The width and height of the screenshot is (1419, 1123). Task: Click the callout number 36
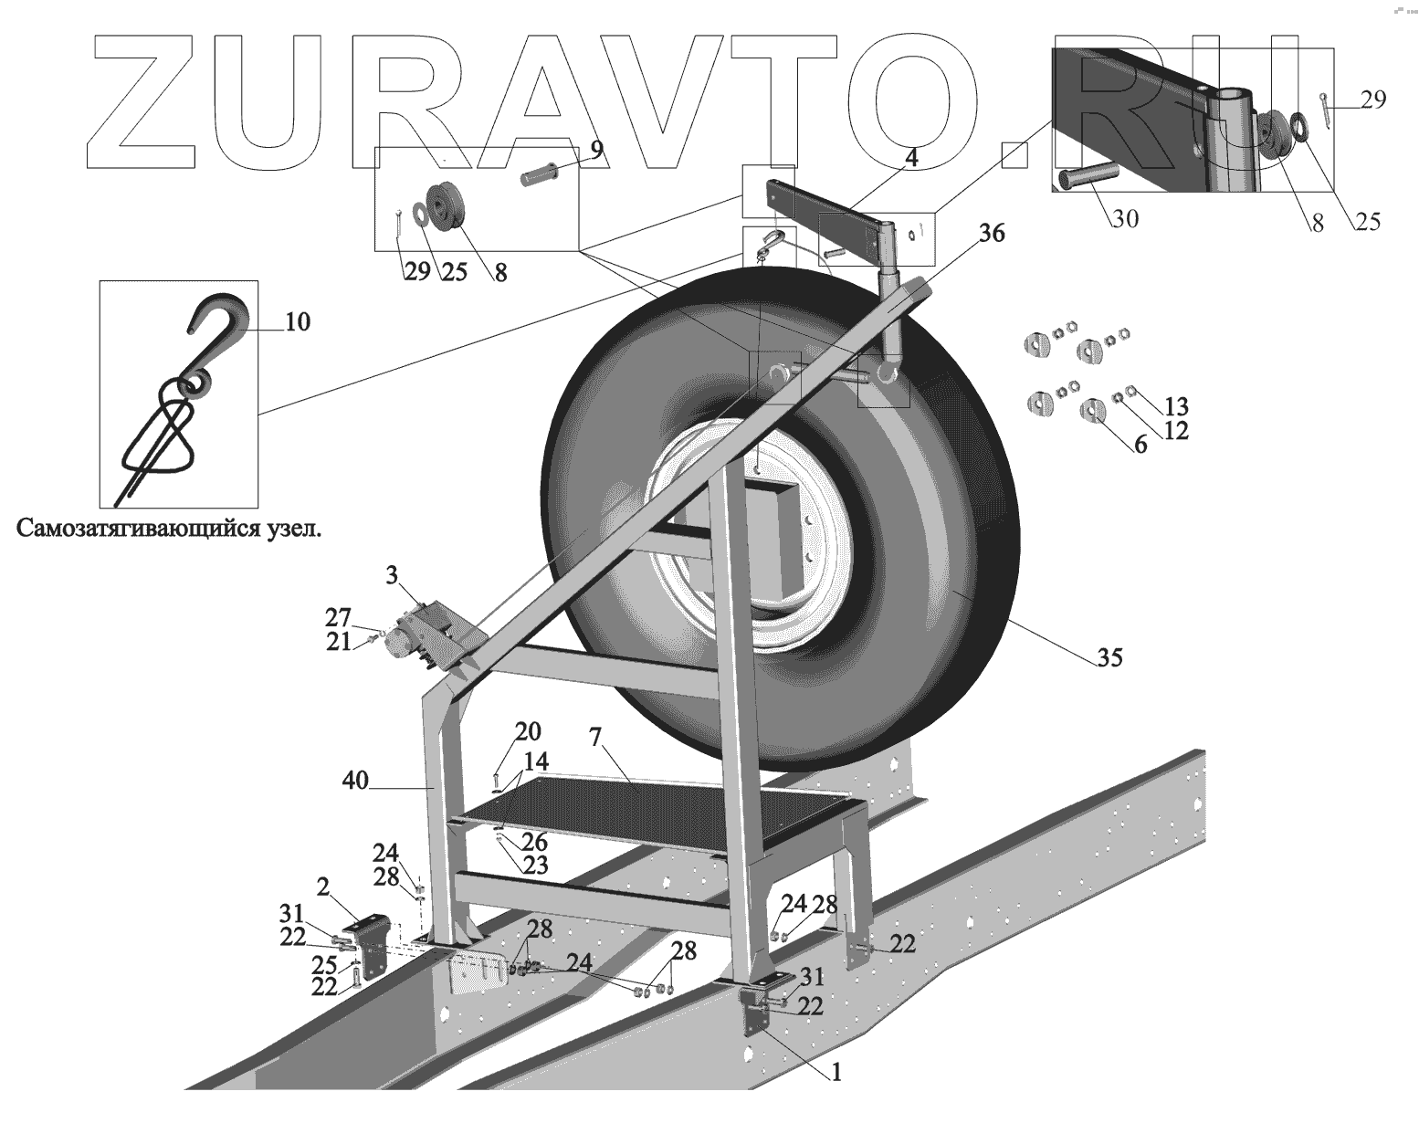click(x=991, y=234)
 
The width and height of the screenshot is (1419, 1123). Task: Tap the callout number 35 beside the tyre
click(x=1109, y=656)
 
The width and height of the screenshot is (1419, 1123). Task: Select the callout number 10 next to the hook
click(x=298, y=321)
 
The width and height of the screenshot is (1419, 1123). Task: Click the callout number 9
click(x=595, y=149)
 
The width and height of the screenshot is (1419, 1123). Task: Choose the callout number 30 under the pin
click(x=1125, y=219)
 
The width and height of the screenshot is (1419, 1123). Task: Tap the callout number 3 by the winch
click(x=391, y=575)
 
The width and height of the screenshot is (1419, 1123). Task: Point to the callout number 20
click(x=528, y=731)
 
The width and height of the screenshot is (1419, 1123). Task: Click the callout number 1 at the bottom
click(x=836, y=1074)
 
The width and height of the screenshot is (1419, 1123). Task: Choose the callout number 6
click(x=1140, y=447)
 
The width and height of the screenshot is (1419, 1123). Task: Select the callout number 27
click(x=338, y=617)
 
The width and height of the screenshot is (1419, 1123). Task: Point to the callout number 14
click(x=536, y=760)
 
